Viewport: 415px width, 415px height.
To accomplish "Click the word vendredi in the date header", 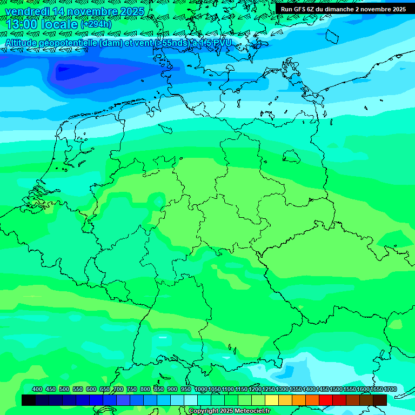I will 27,12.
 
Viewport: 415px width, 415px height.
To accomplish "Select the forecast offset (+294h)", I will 96,25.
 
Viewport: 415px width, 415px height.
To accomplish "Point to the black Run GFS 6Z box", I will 343,9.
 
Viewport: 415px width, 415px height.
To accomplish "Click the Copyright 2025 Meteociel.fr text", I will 229,411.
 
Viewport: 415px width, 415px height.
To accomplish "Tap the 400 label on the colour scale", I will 37,390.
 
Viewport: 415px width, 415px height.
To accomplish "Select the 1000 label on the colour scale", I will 200,390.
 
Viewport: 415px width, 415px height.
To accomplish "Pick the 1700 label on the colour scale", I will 390,390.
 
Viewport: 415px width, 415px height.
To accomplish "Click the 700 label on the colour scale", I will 118,390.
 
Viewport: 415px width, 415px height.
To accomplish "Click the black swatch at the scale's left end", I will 29,400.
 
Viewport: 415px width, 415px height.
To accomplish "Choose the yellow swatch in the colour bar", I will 272,400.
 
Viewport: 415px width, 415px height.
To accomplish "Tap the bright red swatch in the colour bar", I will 326,400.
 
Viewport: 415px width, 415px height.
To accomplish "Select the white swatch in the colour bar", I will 191,400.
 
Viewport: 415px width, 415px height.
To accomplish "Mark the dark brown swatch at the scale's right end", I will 380,400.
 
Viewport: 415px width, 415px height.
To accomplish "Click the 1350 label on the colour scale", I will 295,390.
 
